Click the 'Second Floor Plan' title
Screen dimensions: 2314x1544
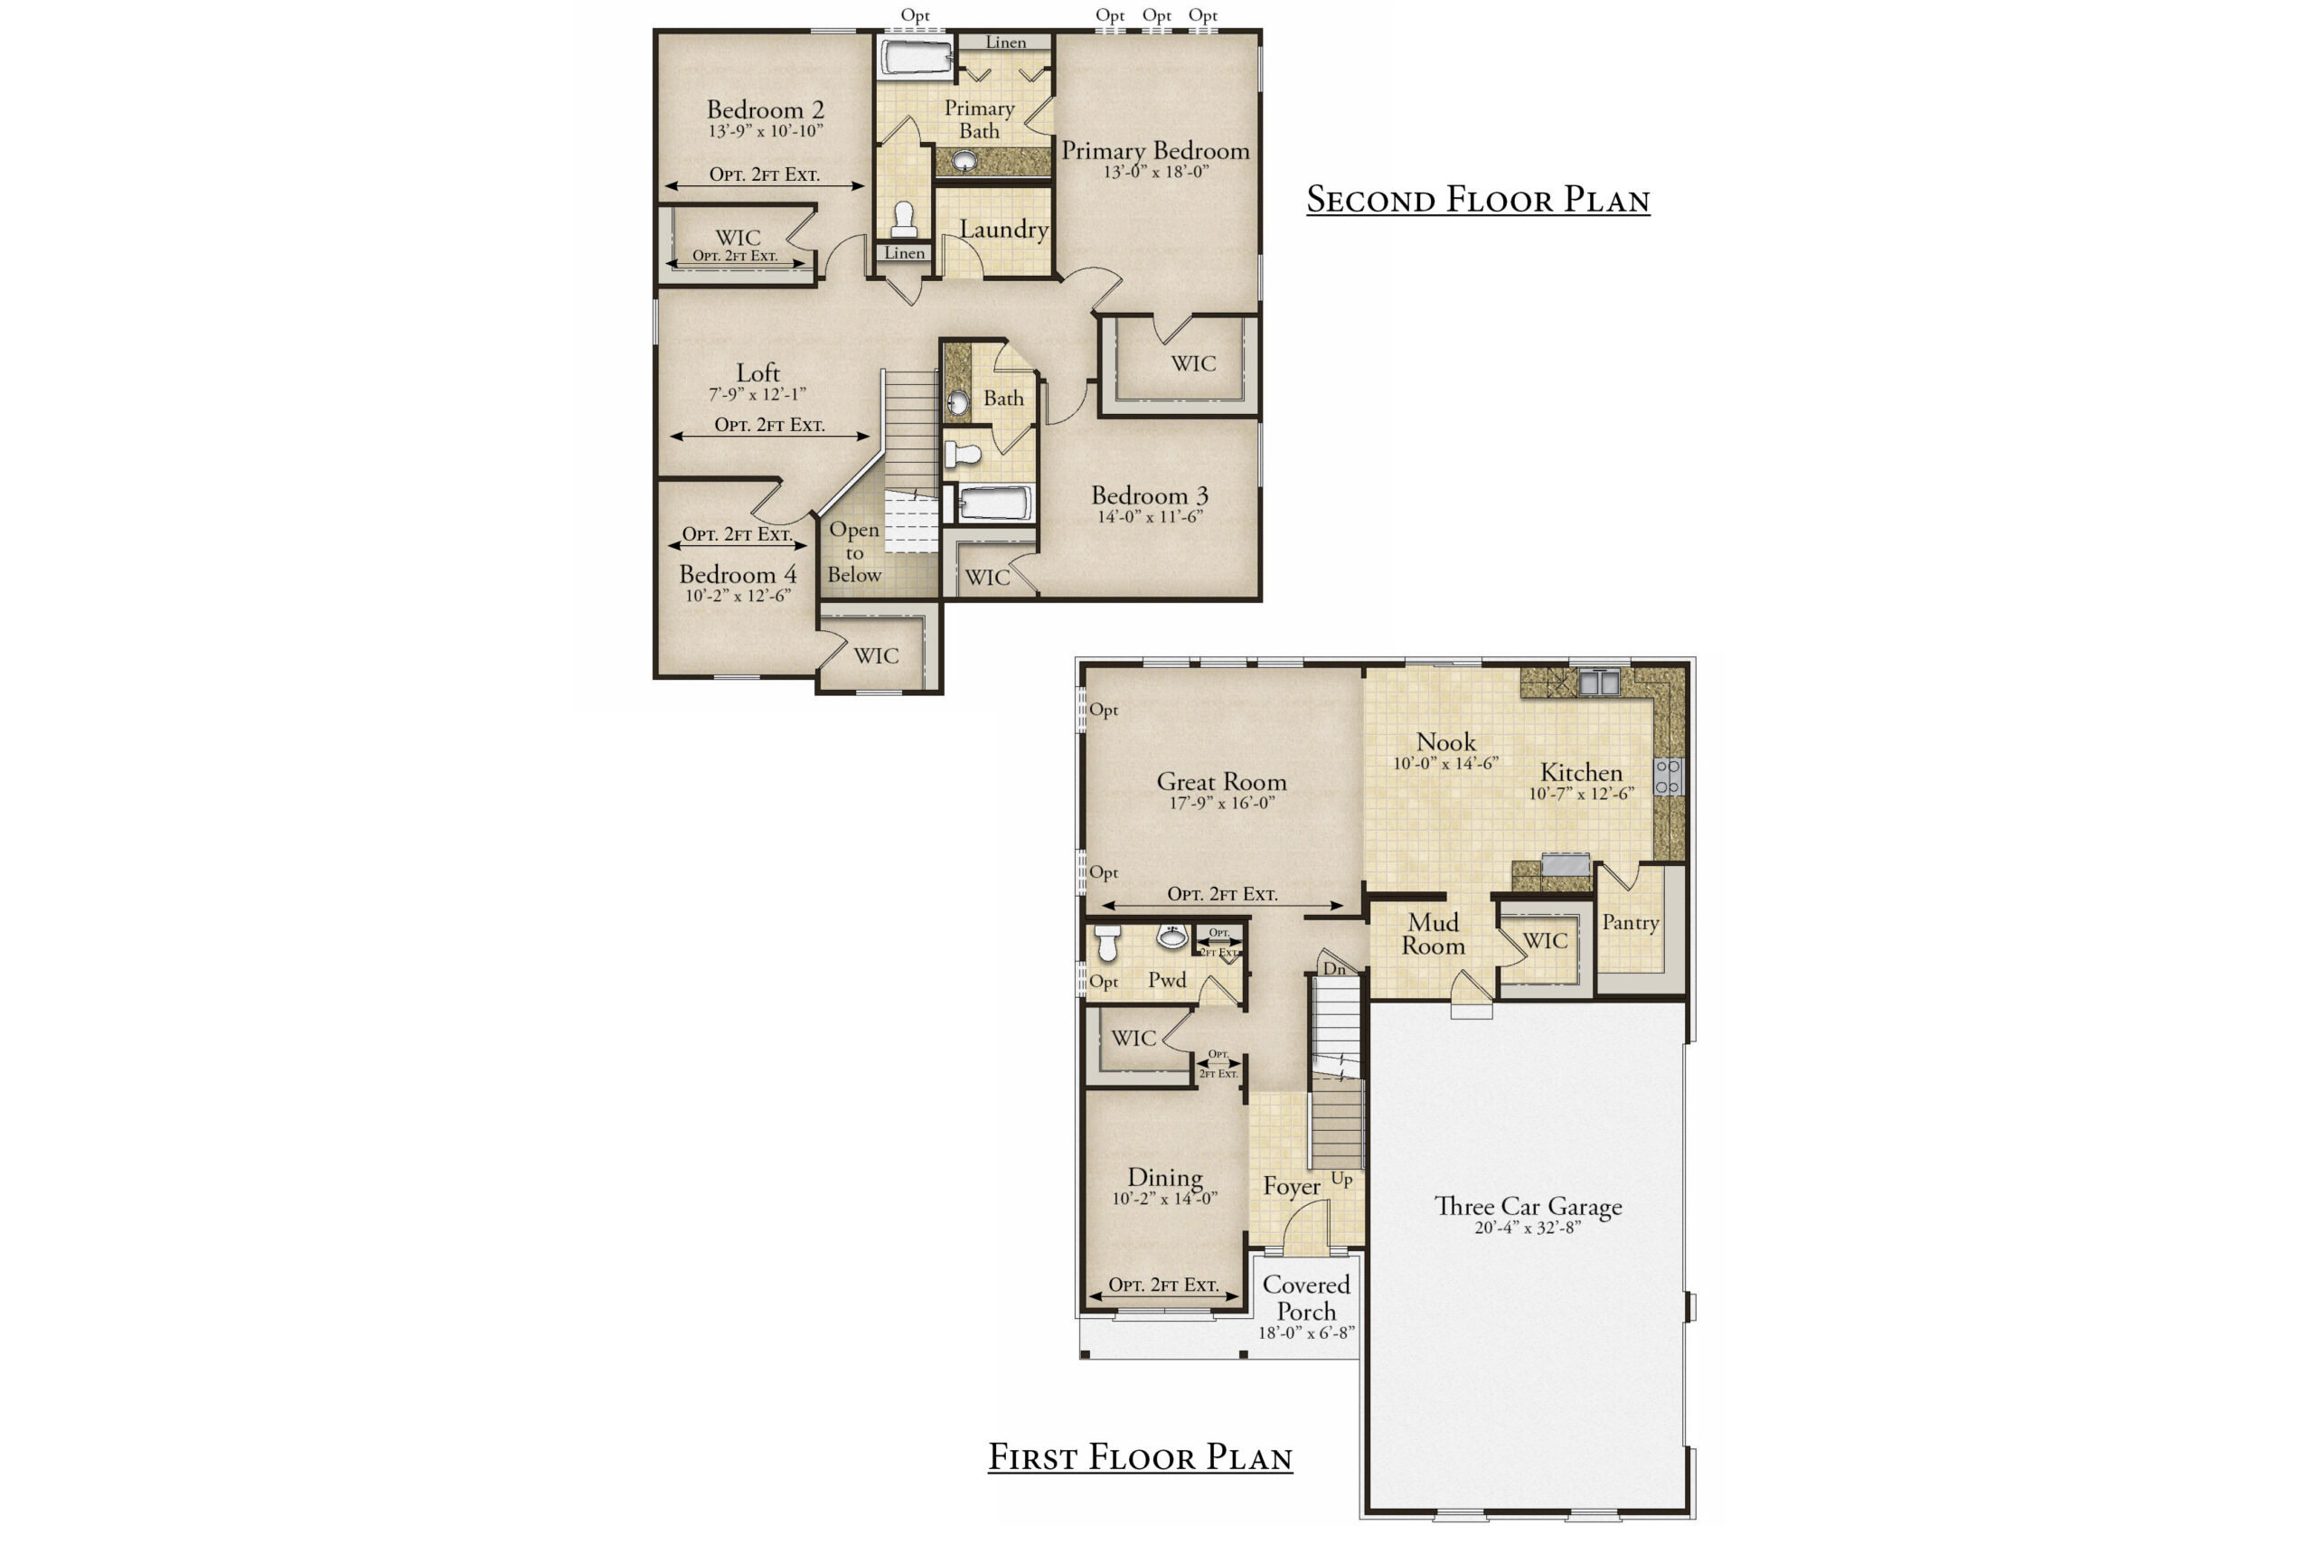coord(1477,200)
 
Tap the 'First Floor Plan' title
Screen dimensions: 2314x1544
coord(1140,1457)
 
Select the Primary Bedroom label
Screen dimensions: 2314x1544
coord(1155,151)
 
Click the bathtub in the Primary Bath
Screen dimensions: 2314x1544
coord(916,57)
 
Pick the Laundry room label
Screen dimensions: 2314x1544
coord(1003,230)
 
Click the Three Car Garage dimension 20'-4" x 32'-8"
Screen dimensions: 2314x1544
coord(1528,1228)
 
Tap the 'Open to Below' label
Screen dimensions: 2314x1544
coord(853,552)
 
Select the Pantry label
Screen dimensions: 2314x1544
coord(1630,923)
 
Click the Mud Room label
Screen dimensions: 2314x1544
coord(1434,935)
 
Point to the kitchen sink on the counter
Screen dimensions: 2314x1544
coord(1598,682)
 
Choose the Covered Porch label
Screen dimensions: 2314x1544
coord(1307,1298)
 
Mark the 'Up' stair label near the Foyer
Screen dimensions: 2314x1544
coord(1341,1179)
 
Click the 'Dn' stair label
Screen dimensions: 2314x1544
coord(1334,969)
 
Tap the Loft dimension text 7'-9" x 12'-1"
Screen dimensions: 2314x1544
coord(757,394)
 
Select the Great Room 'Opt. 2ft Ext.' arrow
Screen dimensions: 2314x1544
coord(1222,906)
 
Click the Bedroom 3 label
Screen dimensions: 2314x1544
coord(1149,495)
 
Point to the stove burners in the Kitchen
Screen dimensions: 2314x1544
coord(1668,776)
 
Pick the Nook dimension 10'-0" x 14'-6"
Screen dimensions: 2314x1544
coord(1445,763)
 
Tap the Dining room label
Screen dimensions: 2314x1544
coord(1165,1178)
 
